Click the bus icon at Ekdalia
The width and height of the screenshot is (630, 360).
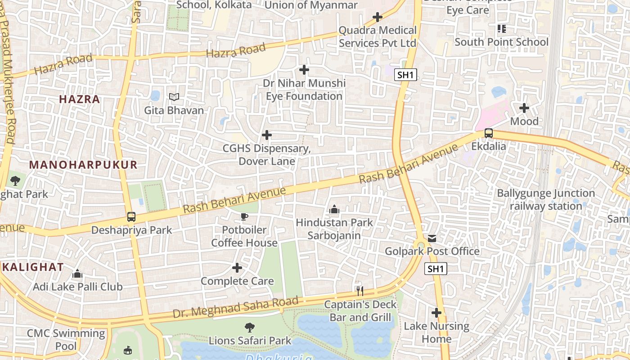488,133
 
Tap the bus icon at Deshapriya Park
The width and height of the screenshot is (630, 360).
131,217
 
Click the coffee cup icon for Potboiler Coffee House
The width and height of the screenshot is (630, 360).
244,217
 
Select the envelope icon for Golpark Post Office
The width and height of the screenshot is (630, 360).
432,238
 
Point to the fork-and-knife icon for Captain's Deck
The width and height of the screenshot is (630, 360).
360,291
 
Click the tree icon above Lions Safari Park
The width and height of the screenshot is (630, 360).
250,328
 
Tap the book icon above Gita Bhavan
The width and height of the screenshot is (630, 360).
174,97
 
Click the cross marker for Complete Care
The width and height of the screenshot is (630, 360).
237,268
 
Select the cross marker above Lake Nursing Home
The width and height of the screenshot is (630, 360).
436,312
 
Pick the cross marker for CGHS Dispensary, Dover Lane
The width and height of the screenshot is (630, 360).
267,135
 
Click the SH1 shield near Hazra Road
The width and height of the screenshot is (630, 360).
405,75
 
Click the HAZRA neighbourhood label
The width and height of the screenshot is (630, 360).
80,99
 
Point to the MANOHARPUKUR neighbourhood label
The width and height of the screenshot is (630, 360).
83,165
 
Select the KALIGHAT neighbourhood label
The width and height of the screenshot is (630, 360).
33,267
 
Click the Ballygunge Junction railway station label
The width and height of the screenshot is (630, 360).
545,200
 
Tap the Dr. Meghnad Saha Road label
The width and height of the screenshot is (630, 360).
235,307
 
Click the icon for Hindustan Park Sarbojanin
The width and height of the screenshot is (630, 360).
334,209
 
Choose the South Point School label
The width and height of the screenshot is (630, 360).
501,42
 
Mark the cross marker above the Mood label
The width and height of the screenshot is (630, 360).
524,108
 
